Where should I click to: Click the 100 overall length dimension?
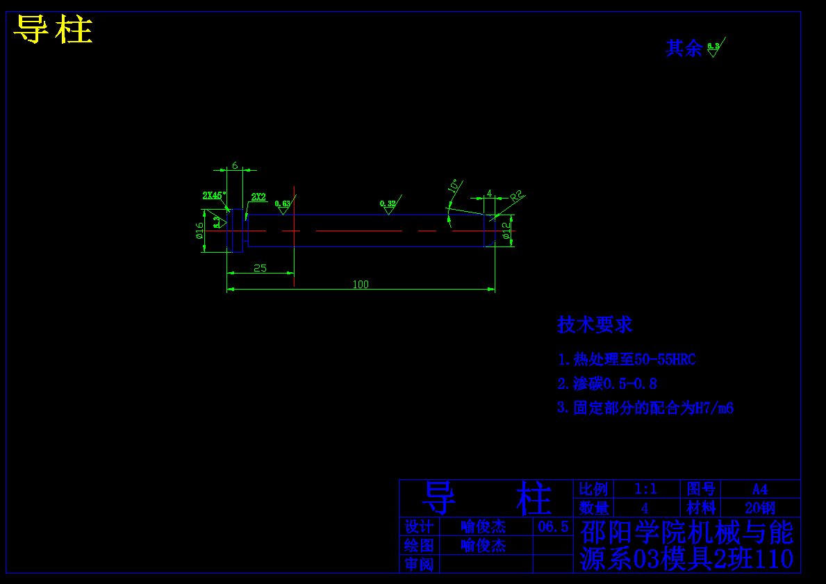[x=361, y=284]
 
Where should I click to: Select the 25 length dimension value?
[x=260, y=268]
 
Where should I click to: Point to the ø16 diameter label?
[x=199, y=230]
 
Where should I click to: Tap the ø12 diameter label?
[x=506, y=231]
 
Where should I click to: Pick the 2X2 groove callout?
[x=258, y=197]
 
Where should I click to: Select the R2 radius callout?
[x=516, y=196]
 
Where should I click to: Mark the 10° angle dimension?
[x=454, y=187]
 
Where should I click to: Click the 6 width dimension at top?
[x=235, y=166]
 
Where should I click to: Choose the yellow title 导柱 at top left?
[x=53, y=30]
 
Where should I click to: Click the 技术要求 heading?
[x=595, y=324]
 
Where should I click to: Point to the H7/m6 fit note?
[x=715, y=408]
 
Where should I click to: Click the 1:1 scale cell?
[x=645, y=489]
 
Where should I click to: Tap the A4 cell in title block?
[x=760, y=489]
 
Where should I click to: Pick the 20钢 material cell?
[x=760, y=508]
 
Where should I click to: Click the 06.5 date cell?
[x=553, y=526]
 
